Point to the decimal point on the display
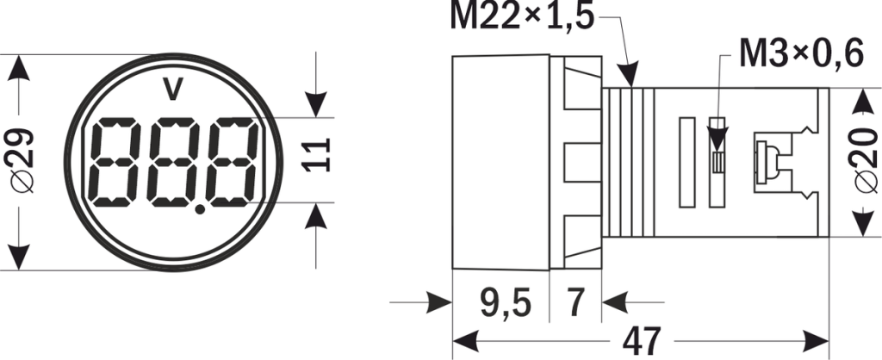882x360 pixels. (201, 207)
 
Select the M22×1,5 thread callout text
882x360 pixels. (522, 16)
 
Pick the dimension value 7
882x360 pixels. (576, 303)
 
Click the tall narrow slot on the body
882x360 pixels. (686, 163)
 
